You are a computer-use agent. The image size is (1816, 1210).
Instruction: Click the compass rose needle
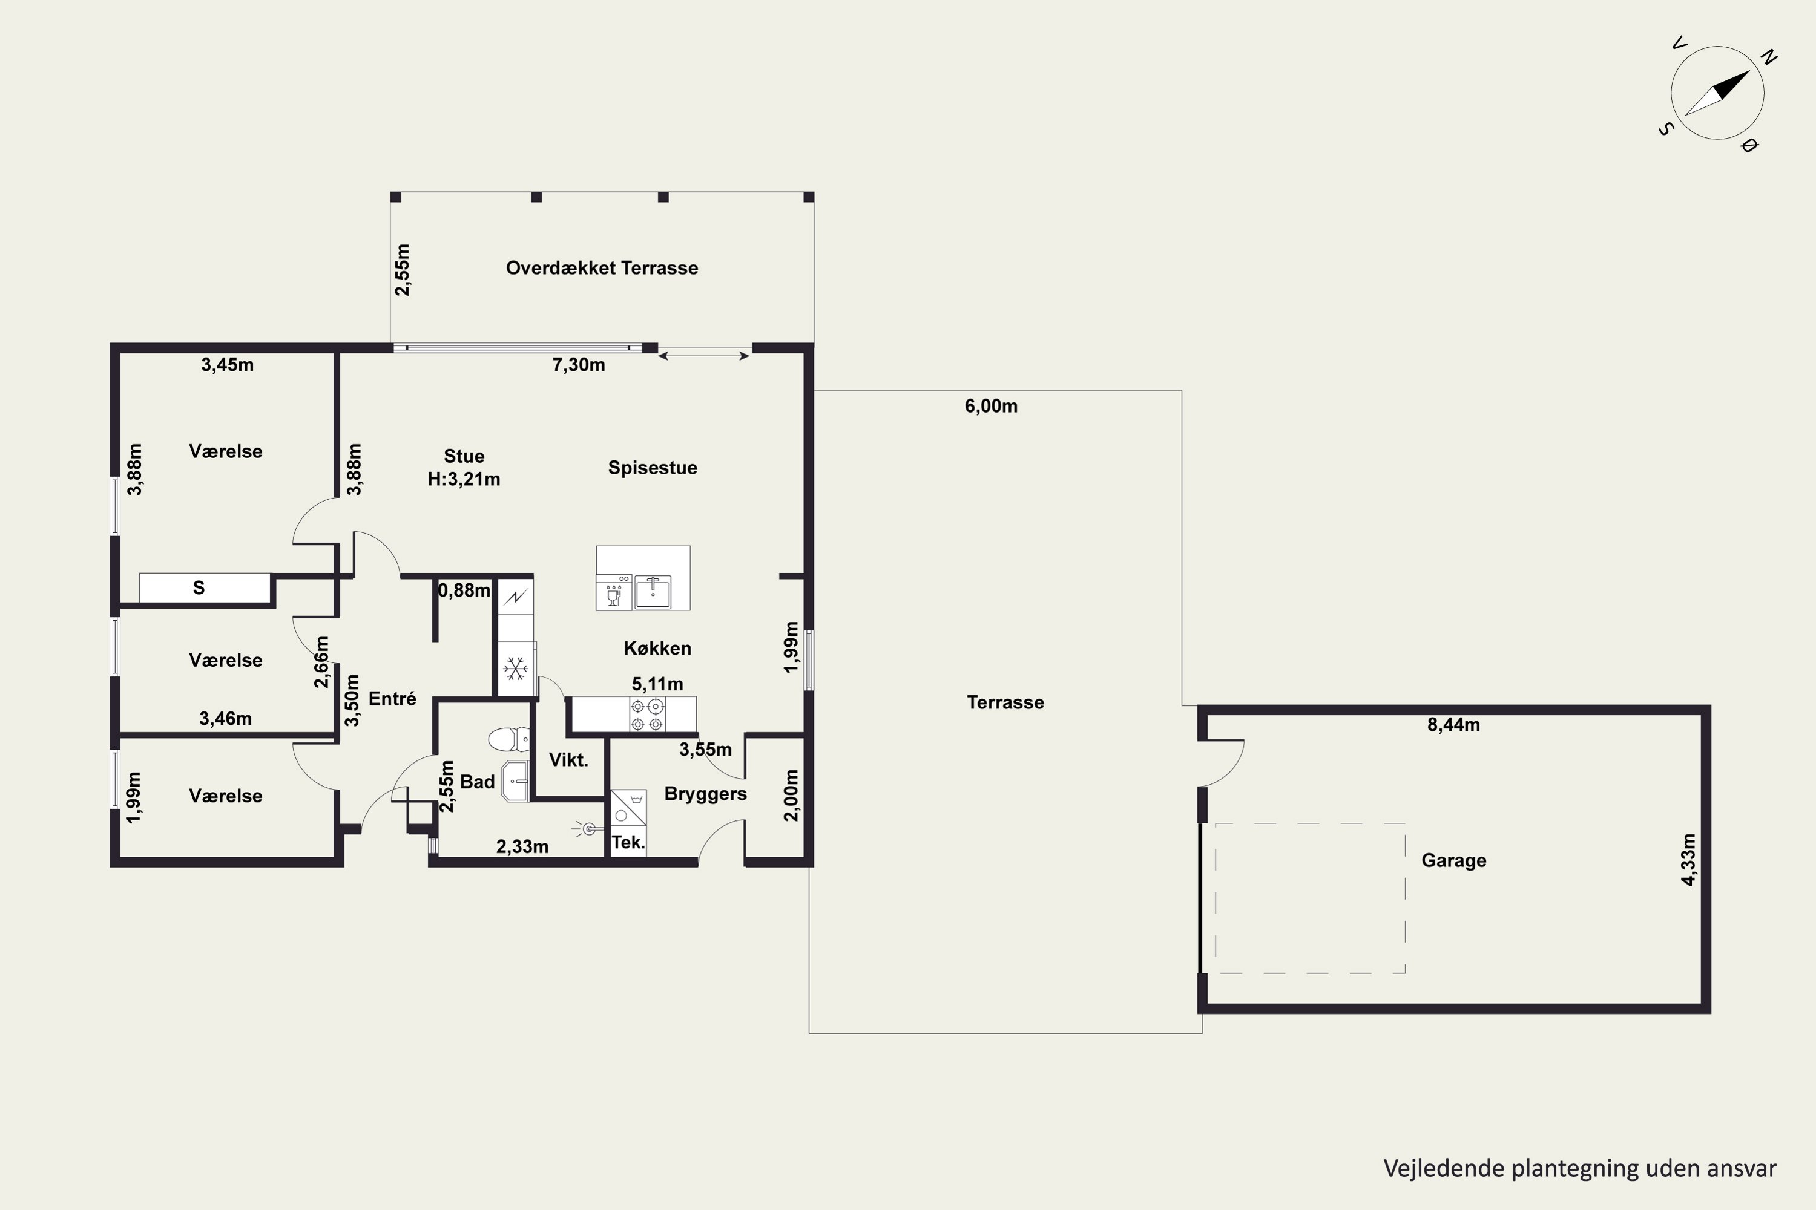coord(1717,93)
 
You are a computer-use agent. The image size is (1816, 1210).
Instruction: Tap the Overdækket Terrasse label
coord(602,268)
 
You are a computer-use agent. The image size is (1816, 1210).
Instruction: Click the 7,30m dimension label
coord(578,365)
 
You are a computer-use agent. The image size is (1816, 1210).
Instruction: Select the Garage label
coord(1454,860)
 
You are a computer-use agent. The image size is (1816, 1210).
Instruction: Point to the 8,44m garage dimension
coord(1453,725)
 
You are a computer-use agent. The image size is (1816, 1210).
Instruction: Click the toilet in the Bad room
coord(510,739)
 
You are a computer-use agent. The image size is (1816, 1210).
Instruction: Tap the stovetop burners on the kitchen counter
coord(647,715)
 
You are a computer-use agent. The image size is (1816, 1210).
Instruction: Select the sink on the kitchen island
coord(653,592)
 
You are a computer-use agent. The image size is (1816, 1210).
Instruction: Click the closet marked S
coord(205,588)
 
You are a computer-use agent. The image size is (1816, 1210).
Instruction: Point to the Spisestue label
coord(653,468)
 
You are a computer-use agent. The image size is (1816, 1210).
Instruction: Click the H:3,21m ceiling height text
coord(464,479)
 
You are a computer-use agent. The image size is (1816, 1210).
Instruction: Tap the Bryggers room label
coord(705,794)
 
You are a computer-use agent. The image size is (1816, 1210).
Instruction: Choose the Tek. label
coord(628,842)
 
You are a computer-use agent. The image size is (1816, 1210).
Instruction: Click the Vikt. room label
coord(568,760)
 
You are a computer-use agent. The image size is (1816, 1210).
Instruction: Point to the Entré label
coord(392,698)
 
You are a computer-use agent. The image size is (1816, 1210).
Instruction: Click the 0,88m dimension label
coord(464,590)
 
